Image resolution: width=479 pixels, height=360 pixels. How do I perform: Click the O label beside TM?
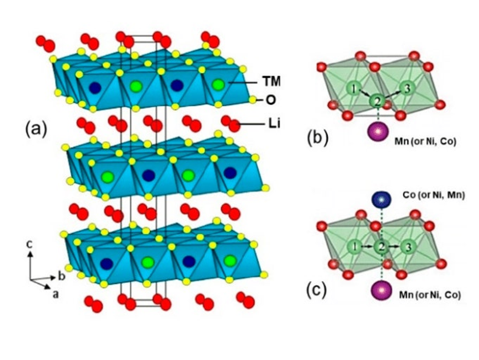(x=269, y=100)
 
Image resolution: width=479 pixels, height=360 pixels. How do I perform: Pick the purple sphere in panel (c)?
(x=380, y=291)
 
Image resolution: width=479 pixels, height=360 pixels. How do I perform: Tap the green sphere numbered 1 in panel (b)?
(x=352, y=90)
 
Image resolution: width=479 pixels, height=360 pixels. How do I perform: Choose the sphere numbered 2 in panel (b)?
(x=377, y=102)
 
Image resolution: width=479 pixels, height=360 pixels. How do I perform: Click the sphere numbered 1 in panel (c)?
(x=352, y=248)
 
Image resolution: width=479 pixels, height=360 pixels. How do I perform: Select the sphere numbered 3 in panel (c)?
(x=406, y=248)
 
